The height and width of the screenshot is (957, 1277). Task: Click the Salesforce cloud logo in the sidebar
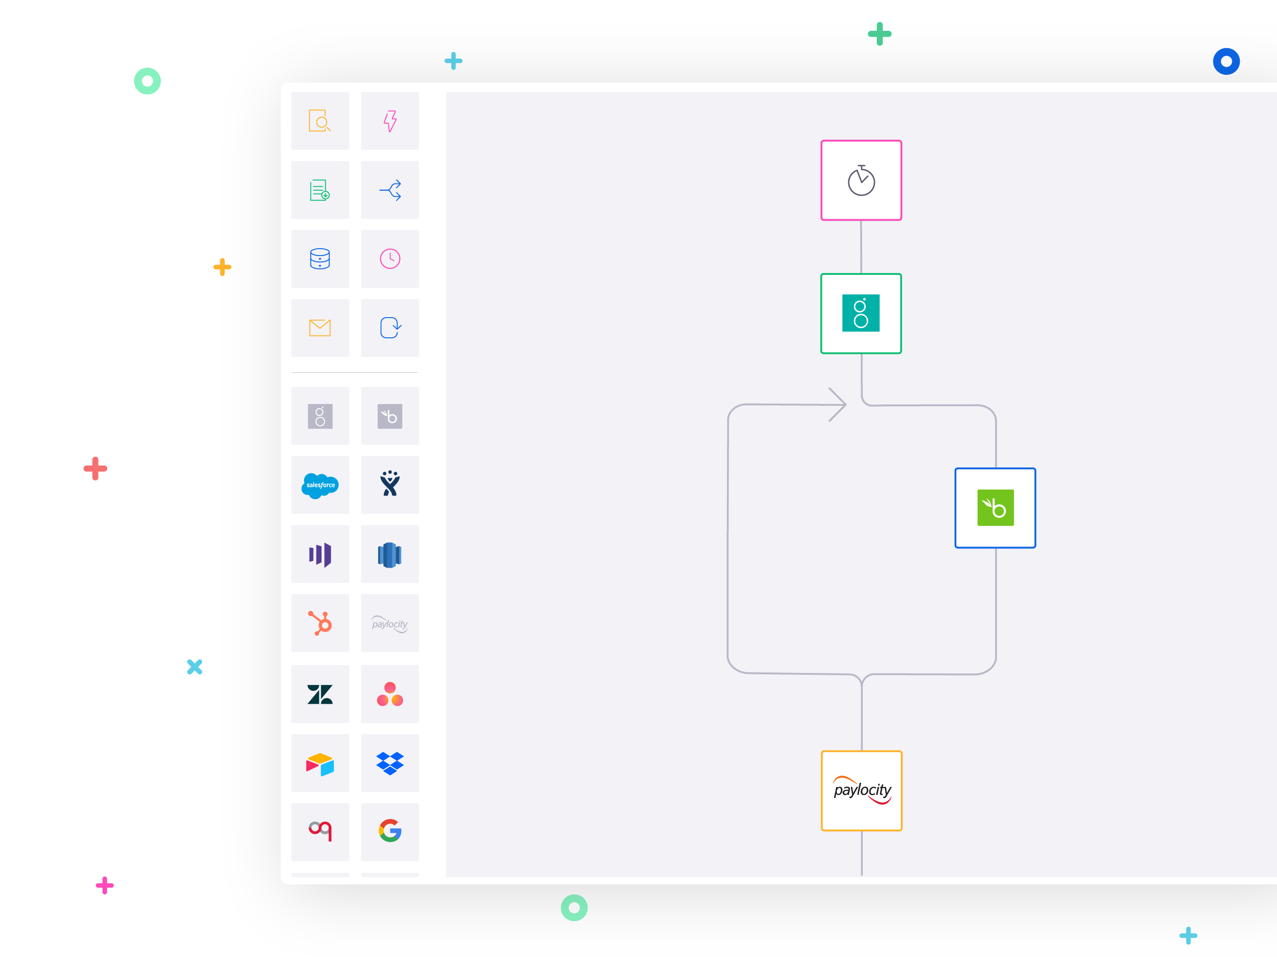(x=320, y=485)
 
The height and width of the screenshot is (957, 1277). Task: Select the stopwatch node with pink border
(x=861, y=180)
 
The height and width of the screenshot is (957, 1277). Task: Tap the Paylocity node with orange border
(x=861, y=790)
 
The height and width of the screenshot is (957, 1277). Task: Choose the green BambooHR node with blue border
(x=995, y=507)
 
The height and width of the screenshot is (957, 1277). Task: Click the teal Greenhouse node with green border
(x=861, y=313)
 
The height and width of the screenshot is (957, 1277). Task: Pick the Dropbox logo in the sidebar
(x=390, y=763)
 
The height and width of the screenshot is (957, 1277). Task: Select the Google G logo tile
(x=390, y=831)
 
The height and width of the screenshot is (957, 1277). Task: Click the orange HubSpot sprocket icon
(x=320, y=623)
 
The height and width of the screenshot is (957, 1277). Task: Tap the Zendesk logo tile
(x=320, y=694)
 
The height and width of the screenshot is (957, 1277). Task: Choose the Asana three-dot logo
(x=390, y=694)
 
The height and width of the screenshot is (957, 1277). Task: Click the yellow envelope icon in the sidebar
(x=320, y=328)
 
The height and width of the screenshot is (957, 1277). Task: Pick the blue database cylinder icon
(x=320, y=259)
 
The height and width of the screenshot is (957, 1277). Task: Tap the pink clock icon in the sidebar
(x=390, y=259)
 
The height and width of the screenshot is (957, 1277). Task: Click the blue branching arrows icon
(x=390, y=190)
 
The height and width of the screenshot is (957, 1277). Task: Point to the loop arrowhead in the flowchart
(x=839, y=404)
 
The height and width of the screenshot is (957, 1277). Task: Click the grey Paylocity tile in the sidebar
(x=390, y=624)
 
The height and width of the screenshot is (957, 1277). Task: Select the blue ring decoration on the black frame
(x=1225, y=62)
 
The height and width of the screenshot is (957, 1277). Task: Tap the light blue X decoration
(x=195, y=667)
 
